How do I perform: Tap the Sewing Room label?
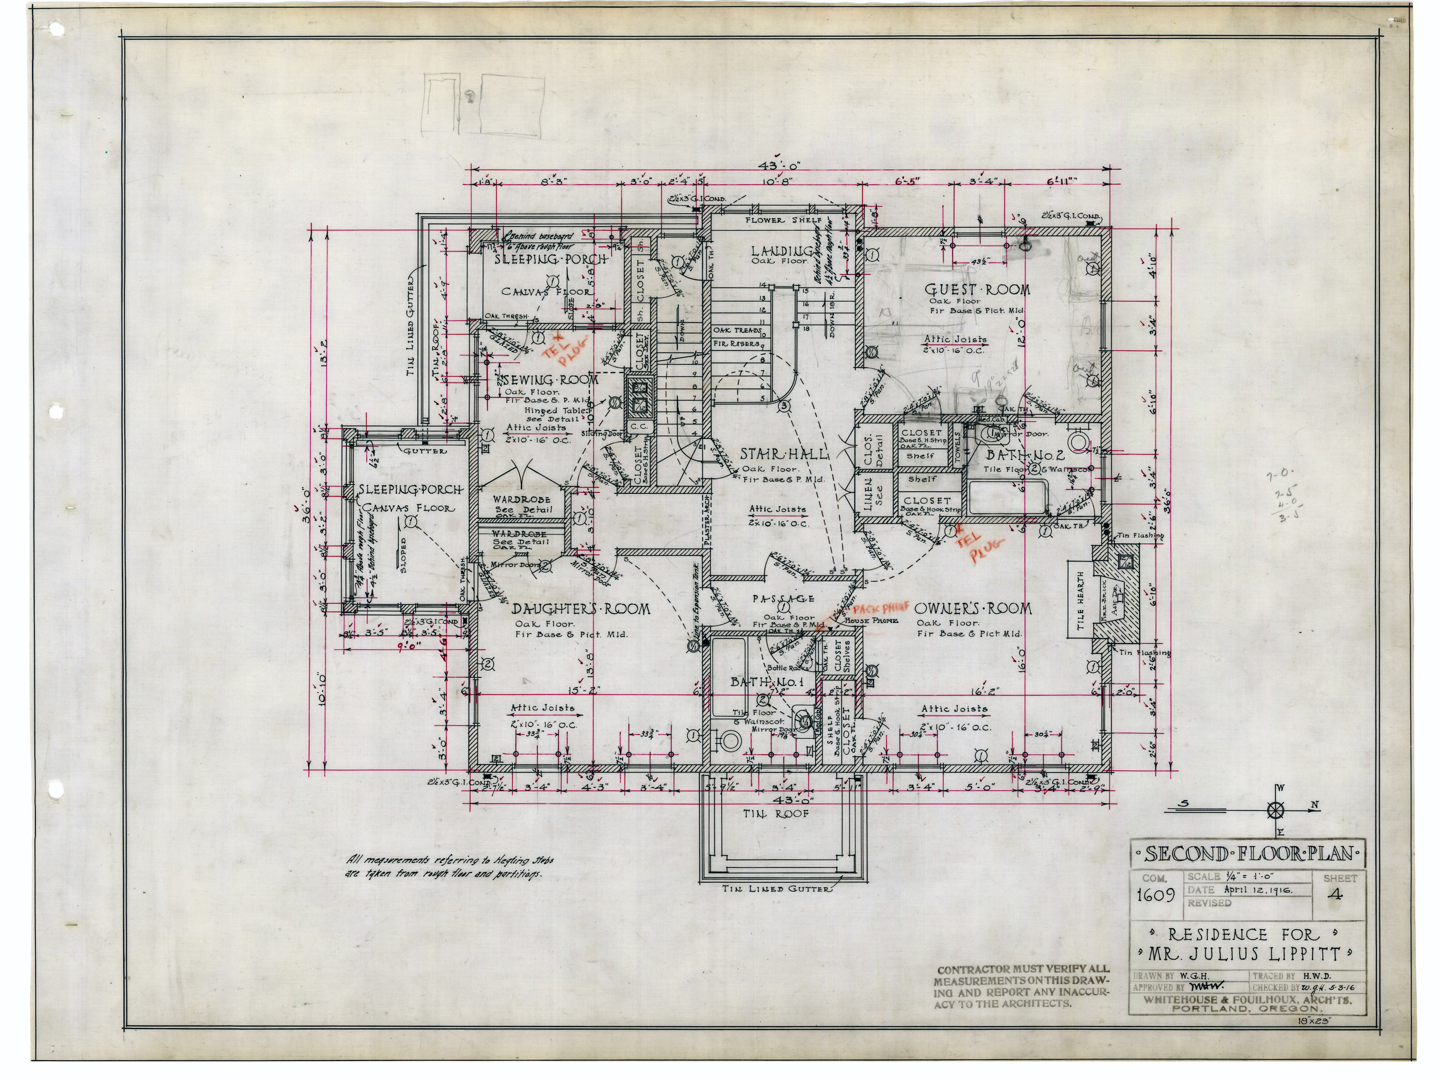pos(550,379)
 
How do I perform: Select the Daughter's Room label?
pos(580,609)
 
